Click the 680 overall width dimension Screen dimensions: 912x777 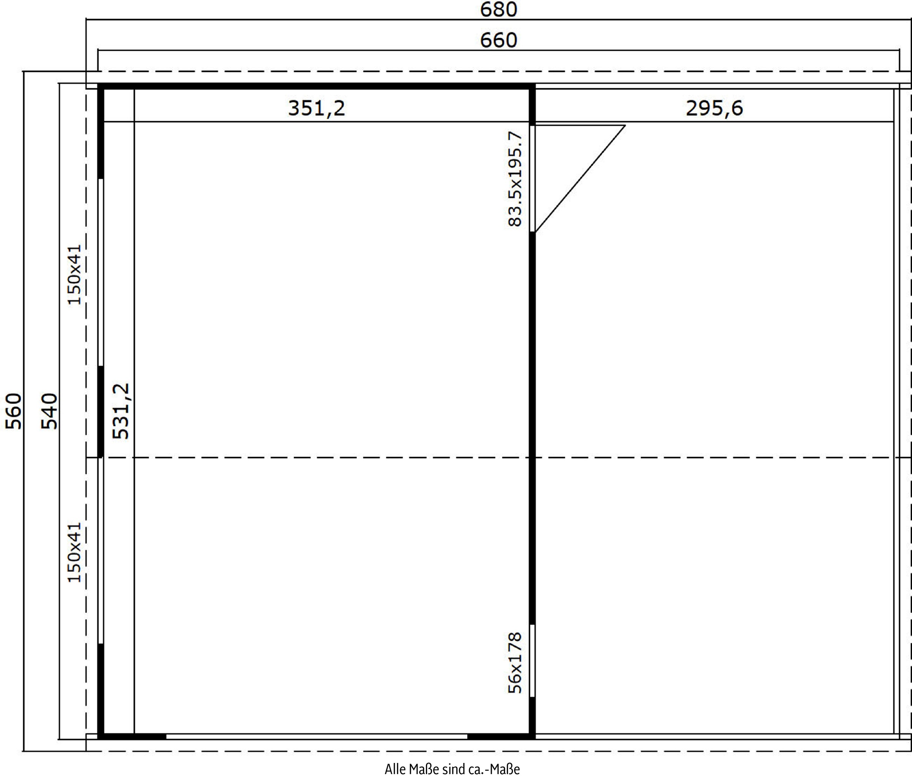tap(498, 9)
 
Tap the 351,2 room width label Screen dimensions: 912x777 tap(317, 108)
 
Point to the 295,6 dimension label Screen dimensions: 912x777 tap(714, 108)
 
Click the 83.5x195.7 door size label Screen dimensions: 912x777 tap(515, 179)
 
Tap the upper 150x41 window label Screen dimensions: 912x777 tap(74, 275)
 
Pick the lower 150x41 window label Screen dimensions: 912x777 tap(74, 552)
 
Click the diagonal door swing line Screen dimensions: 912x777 tap(580, 178)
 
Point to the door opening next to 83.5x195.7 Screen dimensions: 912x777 tap(532, 178)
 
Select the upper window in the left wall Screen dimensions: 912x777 tap(101, 272)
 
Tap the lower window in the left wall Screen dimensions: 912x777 tap(101, 550)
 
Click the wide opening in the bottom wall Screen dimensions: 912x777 tap(317, 736)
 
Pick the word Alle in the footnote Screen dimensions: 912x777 tap(395, 769)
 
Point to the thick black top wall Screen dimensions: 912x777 tap(317, 86)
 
